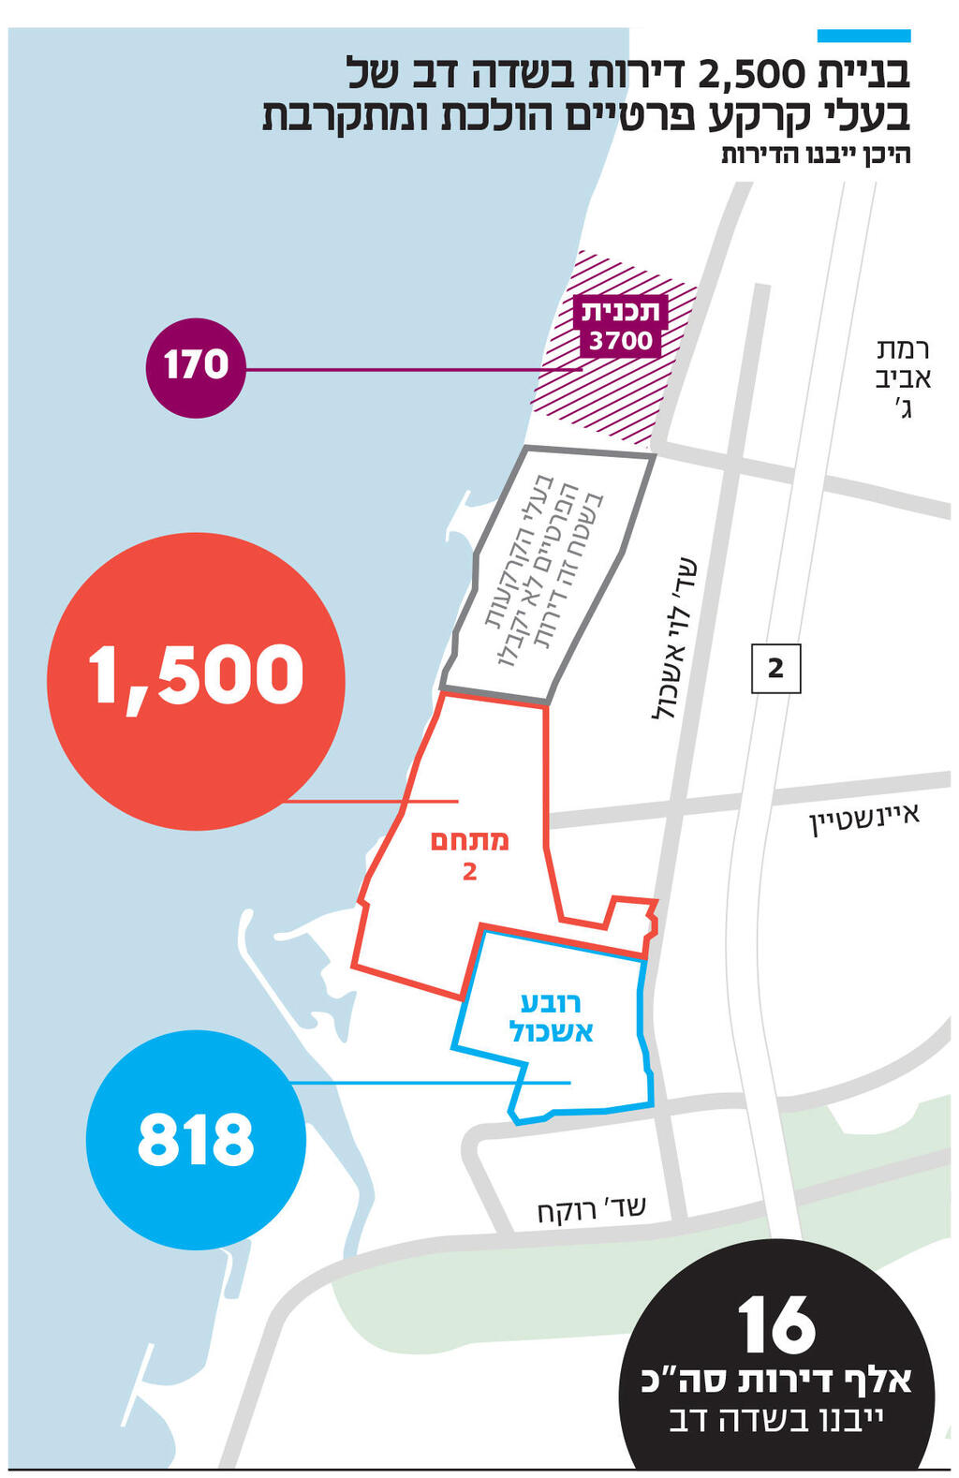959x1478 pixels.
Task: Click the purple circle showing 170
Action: click(196, 367)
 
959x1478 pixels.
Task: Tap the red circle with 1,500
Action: click(196, 681)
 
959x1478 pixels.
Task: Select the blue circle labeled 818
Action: click(196, 1140)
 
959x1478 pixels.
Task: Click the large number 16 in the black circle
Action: click(776, 1324)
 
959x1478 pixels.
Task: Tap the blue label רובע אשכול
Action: click(551, 1017)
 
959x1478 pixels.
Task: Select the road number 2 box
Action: click(775, 668)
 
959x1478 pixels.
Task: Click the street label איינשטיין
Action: click(864, 817)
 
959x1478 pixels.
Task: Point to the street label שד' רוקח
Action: click(591, 1210)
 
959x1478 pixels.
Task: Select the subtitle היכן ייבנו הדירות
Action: click(815, 155)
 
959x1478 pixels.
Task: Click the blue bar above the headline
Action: click(863, 36)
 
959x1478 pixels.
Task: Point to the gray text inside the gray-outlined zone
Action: click(543, 570)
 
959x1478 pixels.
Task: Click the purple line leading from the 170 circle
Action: click(412, 370)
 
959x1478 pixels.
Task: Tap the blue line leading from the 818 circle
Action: click(431, 1083)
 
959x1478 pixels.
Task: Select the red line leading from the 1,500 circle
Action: click(370, 802)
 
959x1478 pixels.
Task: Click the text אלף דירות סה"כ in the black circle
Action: click(776, 1382)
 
